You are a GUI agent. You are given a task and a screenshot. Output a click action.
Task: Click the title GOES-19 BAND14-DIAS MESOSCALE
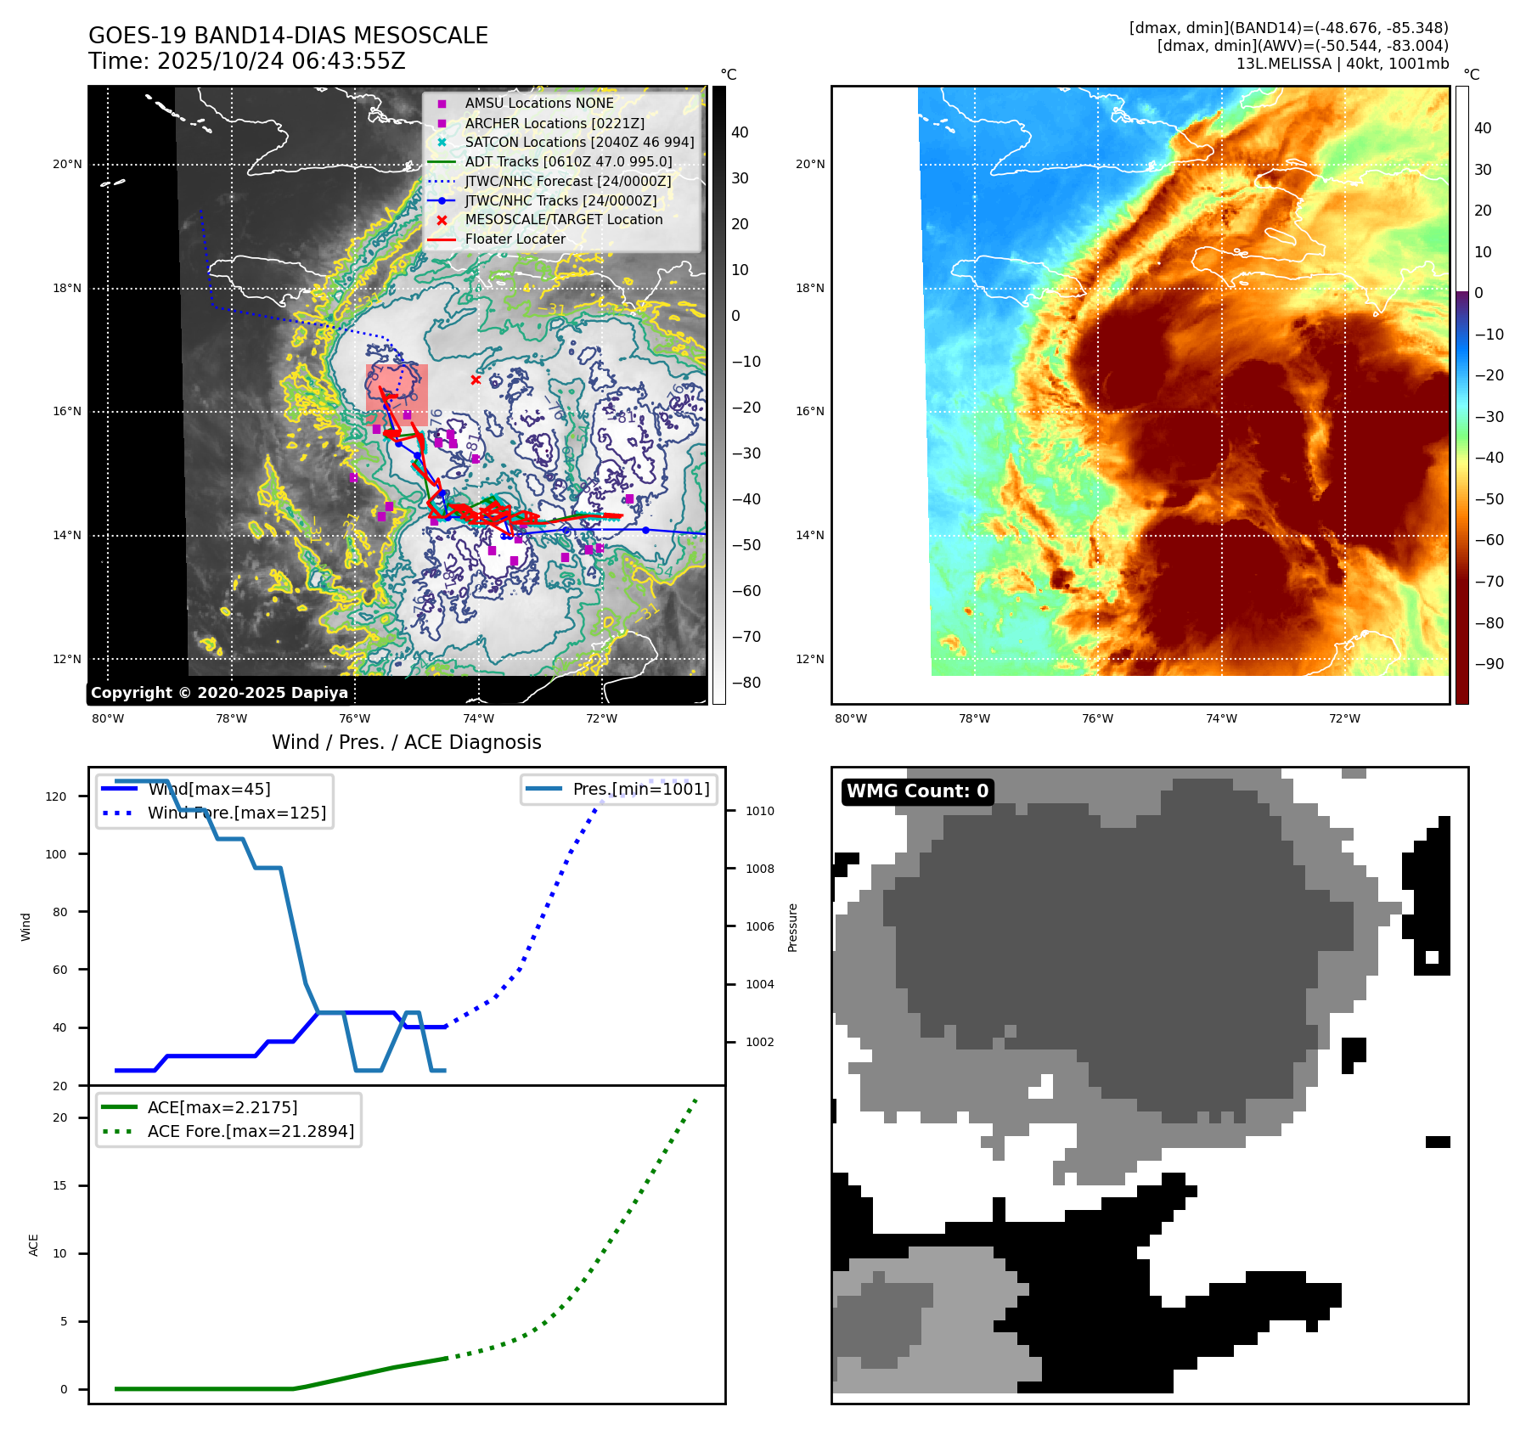[288, 36]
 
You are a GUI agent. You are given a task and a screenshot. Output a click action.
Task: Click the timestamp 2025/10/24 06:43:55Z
[281, 62]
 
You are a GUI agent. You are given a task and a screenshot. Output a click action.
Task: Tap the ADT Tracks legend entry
[568, 162]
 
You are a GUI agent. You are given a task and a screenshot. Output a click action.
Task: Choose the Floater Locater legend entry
[515, 239]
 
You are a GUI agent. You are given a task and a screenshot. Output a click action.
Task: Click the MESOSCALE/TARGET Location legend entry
[563, 220]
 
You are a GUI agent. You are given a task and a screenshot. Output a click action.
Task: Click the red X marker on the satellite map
[476, 380]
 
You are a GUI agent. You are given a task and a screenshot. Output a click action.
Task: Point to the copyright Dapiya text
[219, 693]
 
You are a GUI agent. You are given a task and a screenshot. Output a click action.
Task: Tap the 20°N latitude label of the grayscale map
[67, 165]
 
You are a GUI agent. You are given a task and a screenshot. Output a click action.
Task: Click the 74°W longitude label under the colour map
[1221, 719]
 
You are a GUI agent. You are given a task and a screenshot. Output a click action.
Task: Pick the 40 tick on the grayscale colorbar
[740, 132]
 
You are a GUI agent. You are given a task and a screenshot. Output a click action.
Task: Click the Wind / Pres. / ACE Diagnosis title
[406, 742]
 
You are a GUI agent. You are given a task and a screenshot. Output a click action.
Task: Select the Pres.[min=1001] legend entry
[640, 789]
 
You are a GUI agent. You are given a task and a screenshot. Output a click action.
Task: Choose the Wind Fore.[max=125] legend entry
[236, 813]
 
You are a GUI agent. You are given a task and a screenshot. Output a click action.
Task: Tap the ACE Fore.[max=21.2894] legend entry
[251, 1131]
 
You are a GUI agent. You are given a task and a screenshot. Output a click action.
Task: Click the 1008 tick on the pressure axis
[759, 869]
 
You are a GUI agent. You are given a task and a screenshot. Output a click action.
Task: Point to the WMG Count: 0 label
[917, 791]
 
